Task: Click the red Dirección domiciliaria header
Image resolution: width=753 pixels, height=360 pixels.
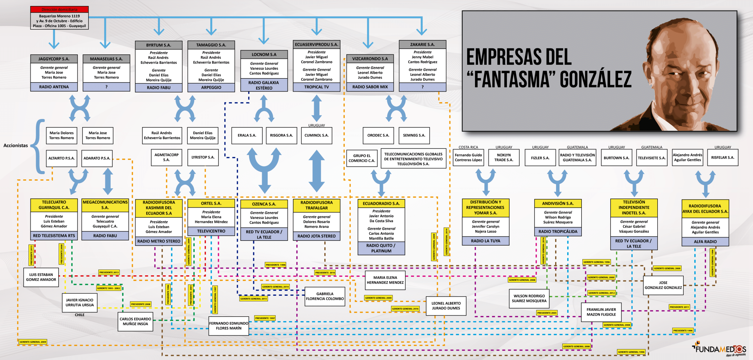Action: click(59, 9)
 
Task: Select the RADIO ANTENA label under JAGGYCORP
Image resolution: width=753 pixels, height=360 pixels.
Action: click(54, 87)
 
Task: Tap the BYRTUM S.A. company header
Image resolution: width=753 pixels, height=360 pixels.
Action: click(158, 45)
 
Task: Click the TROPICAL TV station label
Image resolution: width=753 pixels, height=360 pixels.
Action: click(316, 87)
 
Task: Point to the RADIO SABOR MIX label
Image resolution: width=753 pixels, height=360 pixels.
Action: click(370, 87)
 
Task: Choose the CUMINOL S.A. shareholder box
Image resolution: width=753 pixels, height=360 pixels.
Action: click(316, 135)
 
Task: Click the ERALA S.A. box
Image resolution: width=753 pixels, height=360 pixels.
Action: click(247, 135)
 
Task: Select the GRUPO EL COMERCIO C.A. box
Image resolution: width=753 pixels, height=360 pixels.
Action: click(362, 158)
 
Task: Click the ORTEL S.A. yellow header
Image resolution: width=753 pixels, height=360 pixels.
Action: click(211, 203)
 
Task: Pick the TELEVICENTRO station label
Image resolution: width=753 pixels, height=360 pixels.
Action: click(211, 231)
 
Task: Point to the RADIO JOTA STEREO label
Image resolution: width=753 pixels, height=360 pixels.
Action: click(316, 236)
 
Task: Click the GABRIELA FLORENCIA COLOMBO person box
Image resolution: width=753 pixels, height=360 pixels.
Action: click(324, 296)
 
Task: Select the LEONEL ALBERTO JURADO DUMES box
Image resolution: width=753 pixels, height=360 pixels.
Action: click(446, 306)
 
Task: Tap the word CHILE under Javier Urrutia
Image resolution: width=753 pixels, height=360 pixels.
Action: click(79, 315)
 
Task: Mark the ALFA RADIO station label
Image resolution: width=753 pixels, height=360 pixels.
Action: click(705, 241)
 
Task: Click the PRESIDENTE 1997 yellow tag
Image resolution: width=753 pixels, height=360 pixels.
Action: click(265, 318)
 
